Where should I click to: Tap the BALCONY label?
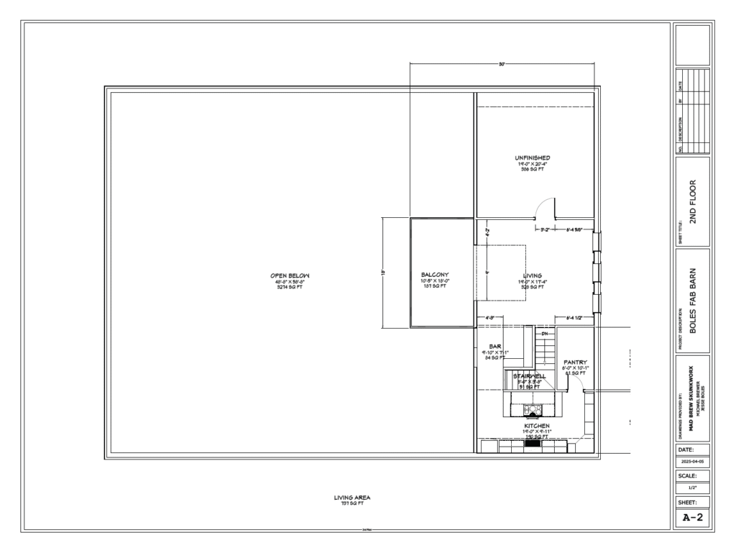click(x=434, y=275)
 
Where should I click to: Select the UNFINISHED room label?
click(x=533, y=157)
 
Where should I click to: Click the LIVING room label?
click(x=533, y=275)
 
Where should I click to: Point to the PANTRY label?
click(x=576, y=362)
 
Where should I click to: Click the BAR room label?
click(x=494, y=347)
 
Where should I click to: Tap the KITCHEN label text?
click(x=536, y=426)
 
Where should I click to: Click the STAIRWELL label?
click(x=529, y=376)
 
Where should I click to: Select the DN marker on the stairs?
click(x=544, y=334)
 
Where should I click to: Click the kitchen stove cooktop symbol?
click(x=533, y=410)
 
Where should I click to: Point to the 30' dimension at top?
click(x=502, y=64)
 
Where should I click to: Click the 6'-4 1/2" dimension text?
click(x=574, y=317)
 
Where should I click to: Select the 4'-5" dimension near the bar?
click(x=489, y=317)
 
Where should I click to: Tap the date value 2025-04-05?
click(x=693, y=461)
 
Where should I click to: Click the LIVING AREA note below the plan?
click(x=352, y=497)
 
